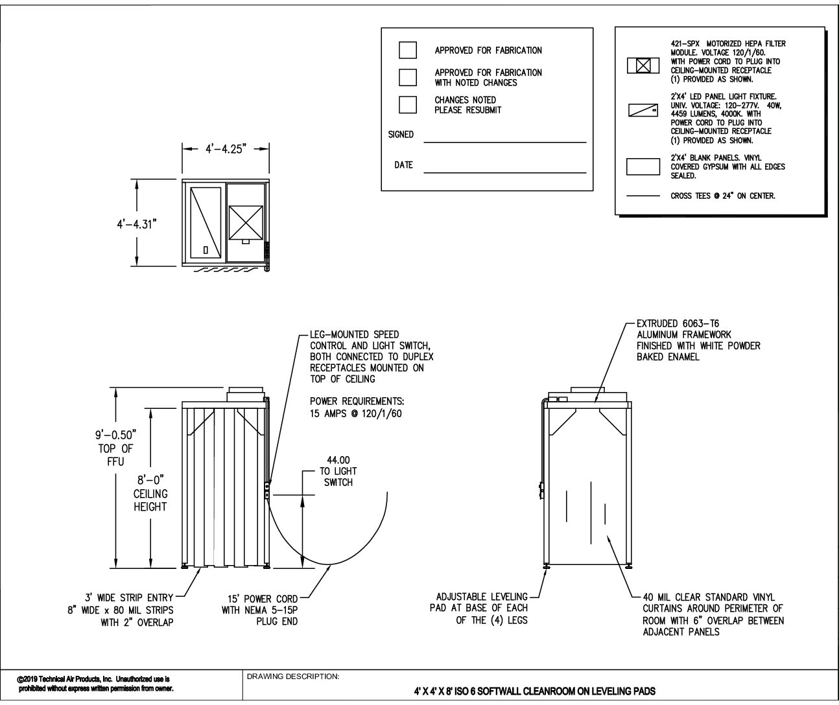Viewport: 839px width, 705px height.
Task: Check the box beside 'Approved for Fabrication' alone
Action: [408, 50]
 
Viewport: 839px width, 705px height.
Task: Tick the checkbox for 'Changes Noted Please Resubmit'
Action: [408, 104]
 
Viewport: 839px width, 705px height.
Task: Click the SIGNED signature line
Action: [504, 141]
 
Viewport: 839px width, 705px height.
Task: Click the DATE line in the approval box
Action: [504, 172]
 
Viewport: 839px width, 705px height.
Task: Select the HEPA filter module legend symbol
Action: [643, 65]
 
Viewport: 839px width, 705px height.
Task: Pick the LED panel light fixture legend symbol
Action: [643, 111]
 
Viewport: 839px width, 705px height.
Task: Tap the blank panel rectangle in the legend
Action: [643, 167]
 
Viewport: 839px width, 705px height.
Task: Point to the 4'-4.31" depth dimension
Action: [134, 224]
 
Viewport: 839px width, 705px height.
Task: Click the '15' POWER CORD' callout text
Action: [259, 599]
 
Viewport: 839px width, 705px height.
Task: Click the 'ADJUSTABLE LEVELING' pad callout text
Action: [482, 597]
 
